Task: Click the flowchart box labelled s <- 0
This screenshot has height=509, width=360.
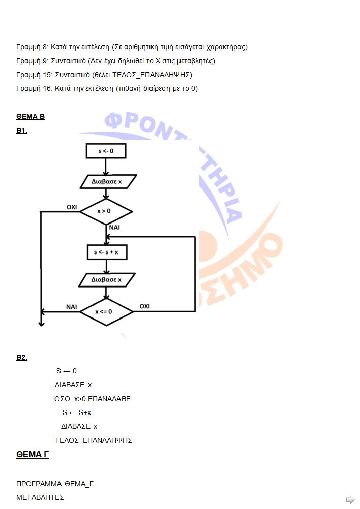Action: point(106,151)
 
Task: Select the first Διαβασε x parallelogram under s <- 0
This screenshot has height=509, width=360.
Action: point(108,181)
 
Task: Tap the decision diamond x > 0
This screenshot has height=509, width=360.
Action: point(106,211)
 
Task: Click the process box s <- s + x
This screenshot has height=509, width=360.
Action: point(107,252)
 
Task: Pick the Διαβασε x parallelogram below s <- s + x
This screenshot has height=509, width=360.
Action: point(107,280)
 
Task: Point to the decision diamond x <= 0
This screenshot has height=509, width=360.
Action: point(106,311)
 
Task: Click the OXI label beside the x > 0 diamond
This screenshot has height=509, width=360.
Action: point(72,207)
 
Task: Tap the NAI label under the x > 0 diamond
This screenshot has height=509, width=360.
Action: point(114,228)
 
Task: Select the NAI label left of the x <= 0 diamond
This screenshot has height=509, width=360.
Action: point(72,307)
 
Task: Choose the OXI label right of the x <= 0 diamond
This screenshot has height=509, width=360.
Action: point(144,306)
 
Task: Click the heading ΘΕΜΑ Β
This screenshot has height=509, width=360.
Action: point(31,116)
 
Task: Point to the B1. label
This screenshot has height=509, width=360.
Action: point(22,130)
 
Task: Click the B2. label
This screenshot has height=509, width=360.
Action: point(22,358)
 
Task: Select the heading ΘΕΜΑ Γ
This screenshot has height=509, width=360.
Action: point(33,455)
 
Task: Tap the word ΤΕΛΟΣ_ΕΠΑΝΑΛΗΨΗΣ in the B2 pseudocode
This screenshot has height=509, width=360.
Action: point(93,440)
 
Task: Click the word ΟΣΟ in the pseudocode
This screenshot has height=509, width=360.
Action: point(62,399)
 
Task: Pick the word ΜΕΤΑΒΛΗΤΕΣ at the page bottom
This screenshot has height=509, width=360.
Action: point(40,497)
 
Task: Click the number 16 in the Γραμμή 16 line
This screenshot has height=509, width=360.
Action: point(47,88)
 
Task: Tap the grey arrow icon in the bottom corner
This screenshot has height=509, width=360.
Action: point(350,499)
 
